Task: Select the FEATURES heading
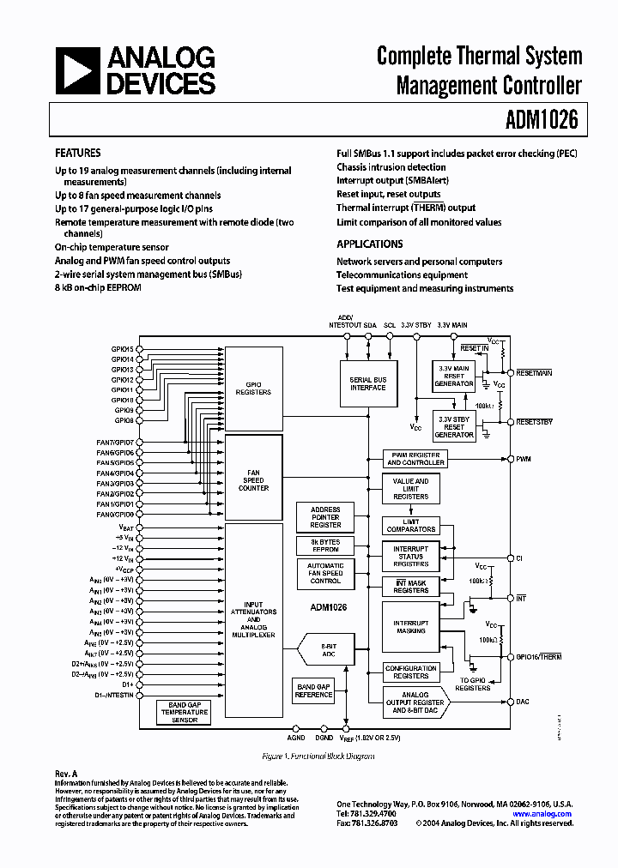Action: [x=77, y=153]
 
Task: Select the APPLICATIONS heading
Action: [x=369, y=244]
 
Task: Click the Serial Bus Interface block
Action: [x=367, y=383]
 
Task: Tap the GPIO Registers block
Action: [x=253, y=388]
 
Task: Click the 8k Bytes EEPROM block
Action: [x=319, y=546]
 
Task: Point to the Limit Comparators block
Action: [x=410, y=525]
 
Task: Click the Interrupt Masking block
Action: [x=410, y=627]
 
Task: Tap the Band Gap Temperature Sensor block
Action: [x=185, y=712]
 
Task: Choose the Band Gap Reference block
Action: [x=313, y=690]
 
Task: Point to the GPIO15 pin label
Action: [x=122, y=349]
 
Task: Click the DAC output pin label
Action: [x=524, y=702]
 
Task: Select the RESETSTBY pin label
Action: [x=534, y=422]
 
